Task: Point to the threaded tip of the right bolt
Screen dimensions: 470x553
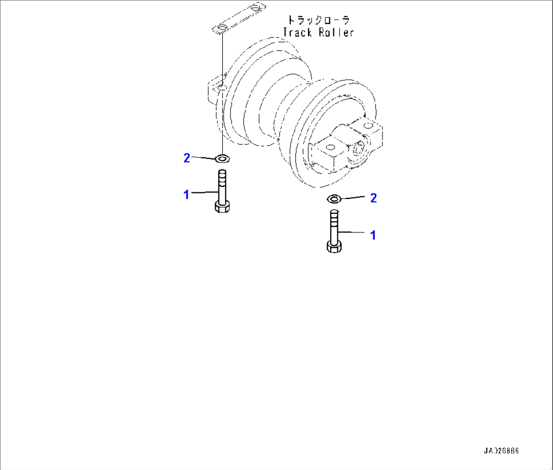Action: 334,216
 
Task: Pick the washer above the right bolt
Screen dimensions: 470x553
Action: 334,198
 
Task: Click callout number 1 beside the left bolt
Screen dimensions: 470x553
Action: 186,194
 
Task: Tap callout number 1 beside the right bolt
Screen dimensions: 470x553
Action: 373,234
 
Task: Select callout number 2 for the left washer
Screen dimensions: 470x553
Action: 186,158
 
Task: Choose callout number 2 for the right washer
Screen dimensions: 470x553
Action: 373,198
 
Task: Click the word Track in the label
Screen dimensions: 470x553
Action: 298,32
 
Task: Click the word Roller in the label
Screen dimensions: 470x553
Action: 335,32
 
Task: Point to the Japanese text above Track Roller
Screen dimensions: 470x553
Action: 318,21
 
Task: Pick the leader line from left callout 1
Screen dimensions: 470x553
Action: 204,192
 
